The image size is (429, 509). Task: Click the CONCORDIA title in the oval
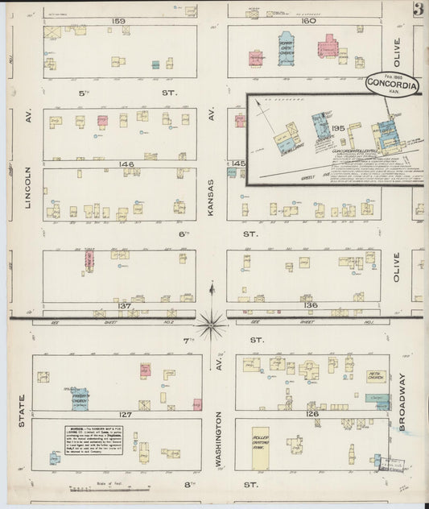pos(391,82)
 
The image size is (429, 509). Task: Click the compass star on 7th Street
pos(212,324)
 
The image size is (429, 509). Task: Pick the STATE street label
pos(22,410)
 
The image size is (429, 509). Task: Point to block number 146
pos(125,163)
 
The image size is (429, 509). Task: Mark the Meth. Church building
pos(376,376)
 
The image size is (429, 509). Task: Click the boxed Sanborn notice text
pos(94,434)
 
